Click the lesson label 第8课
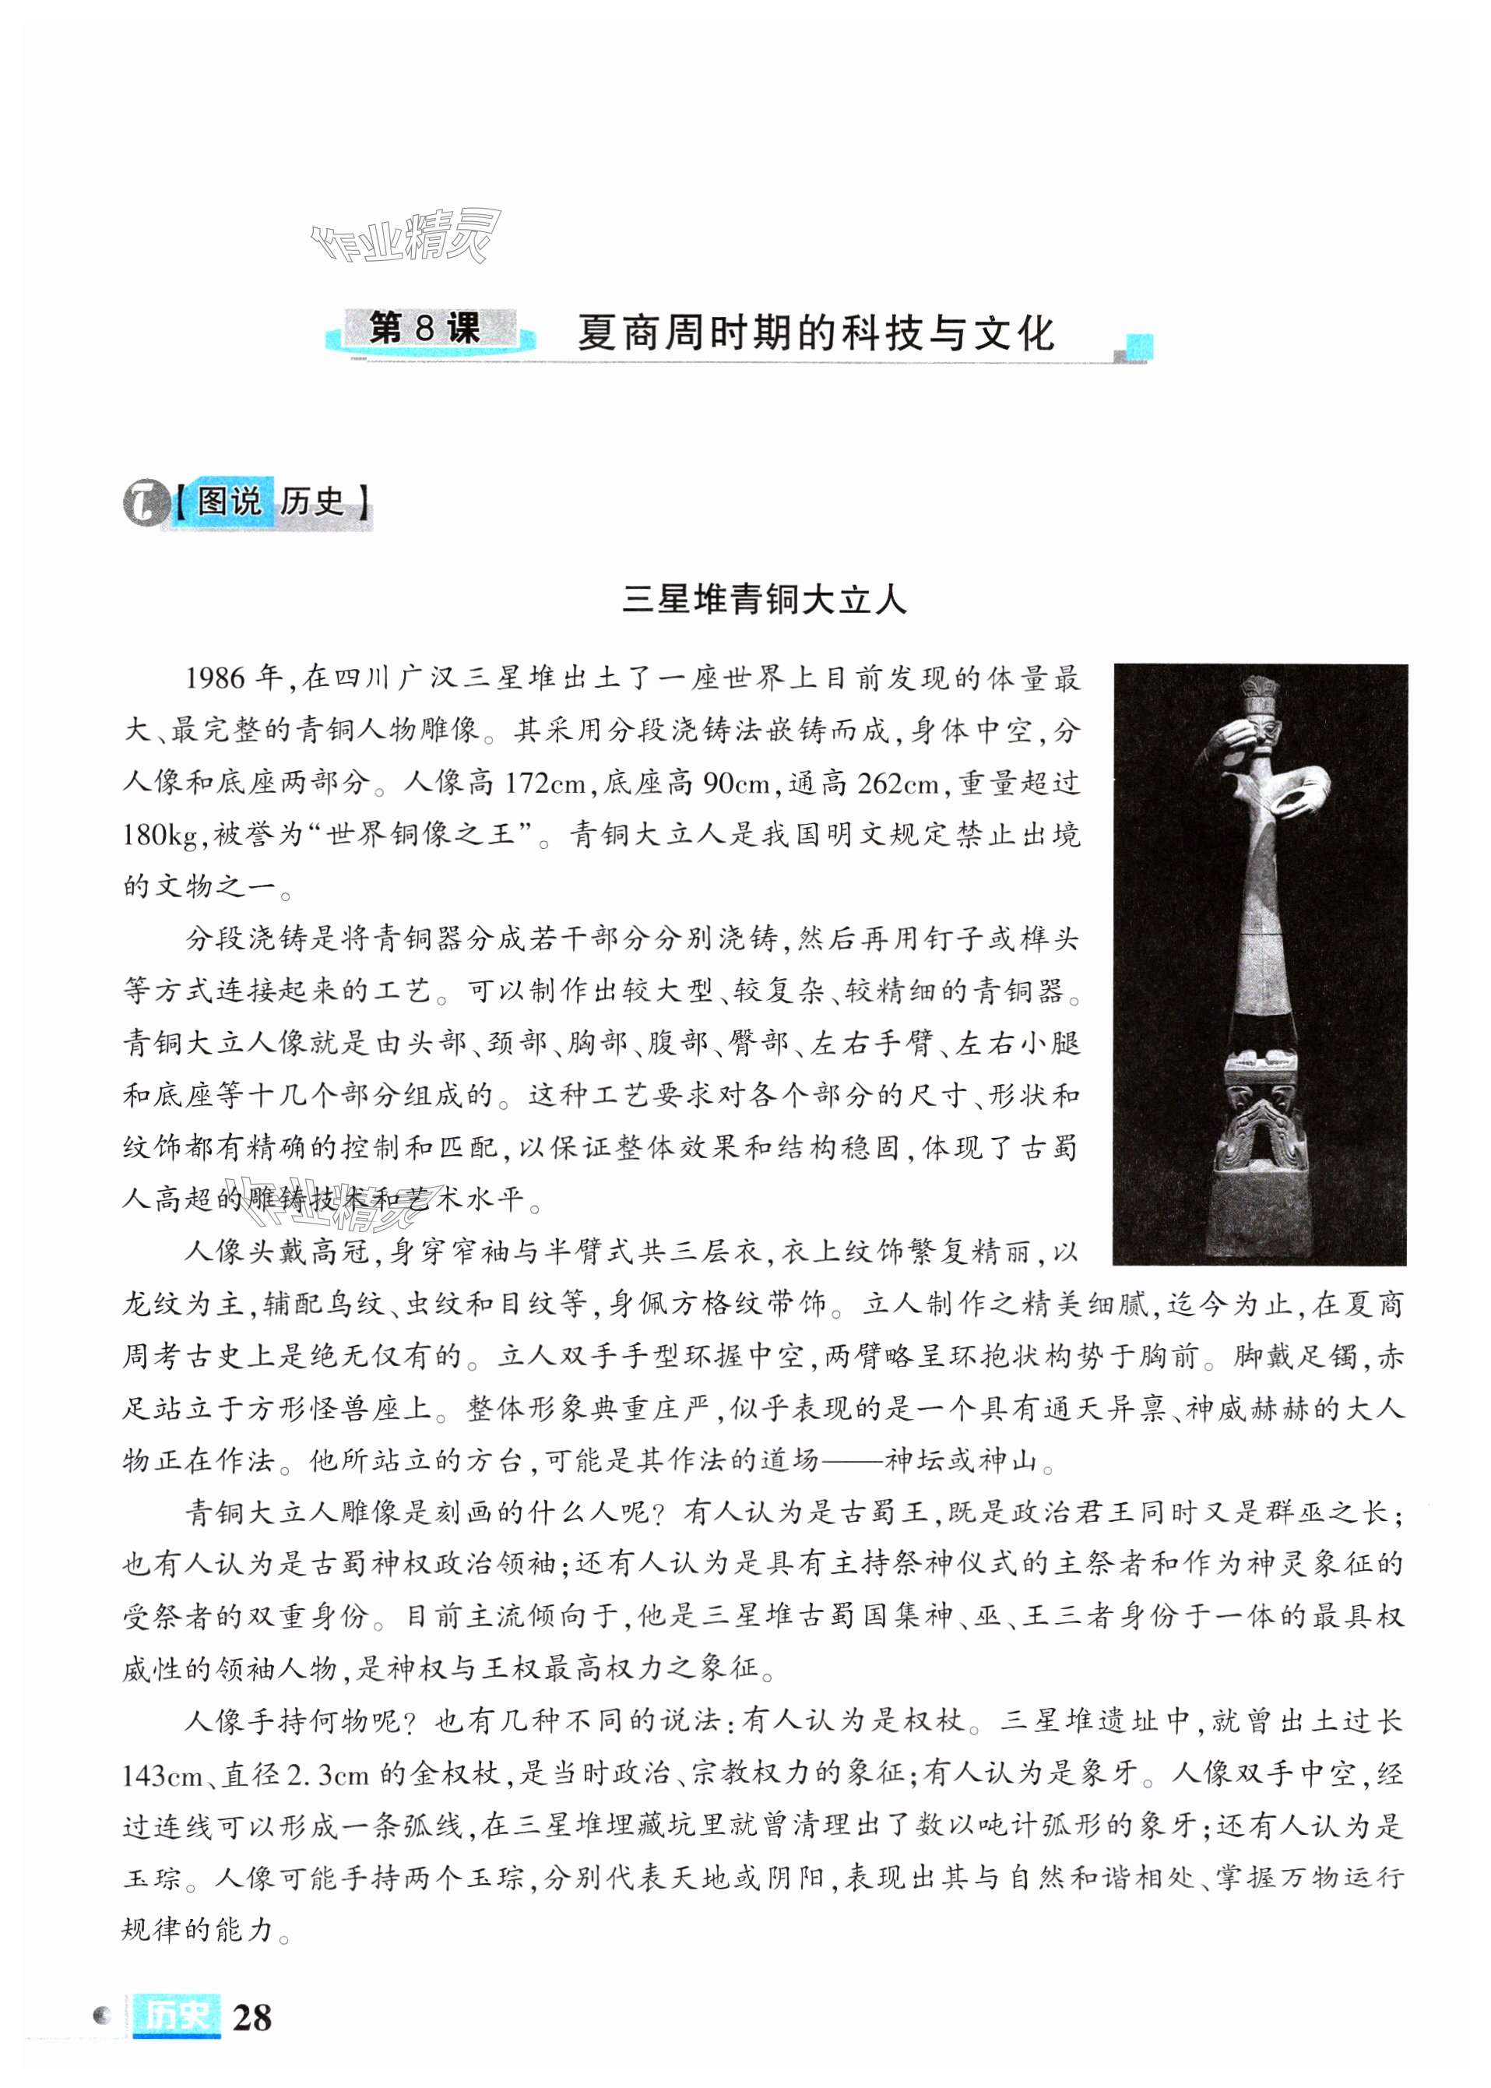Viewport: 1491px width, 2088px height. (x=424, y=329)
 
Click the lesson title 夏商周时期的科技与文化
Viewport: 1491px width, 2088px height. (x=815, y=333)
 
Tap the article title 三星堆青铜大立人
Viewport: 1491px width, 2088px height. (x=764, y=600)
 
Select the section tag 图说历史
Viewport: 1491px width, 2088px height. (x=272, y=502)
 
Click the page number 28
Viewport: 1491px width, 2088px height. (x=251, y=2017)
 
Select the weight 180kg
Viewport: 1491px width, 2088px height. (x=165, y=835)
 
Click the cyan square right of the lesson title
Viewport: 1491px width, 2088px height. (x=1138, y=347)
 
